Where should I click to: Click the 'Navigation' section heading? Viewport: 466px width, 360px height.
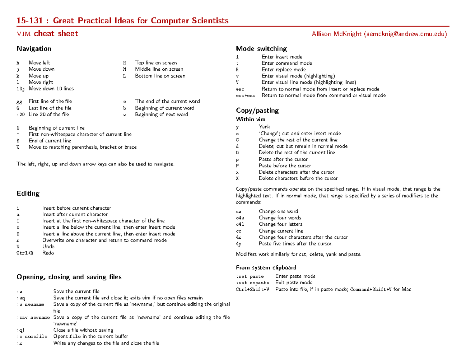(x=34, y=49)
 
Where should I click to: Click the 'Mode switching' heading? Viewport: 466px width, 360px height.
(x=261, y=49)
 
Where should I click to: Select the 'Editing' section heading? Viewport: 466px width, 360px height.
(x=28, y=193)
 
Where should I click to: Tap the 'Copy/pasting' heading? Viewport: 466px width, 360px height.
(x=257, y=111)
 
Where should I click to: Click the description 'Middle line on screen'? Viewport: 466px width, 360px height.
(x=159, y=69)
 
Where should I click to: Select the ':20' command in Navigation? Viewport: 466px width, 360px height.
(x=21, y=115)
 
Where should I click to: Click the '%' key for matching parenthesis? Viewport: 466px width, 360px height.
(x=18, y=147)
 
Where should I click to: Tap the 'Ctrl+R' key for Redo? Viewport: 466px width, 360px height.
(x=24, y=253)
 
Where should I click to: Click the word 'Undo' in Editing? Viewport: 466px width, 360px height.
(x=48, y=247)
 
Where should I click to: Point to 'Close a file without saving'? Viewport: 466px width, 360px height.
(x=83, y=330)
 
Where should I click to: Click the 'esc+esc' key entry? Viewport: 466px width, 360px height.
(x=245, y=96)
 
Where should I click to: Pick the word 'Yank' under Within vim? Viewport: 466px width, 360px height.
(x=264, y=127)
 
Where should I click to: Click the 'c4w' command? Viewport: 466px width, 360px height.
(x=241, y=218)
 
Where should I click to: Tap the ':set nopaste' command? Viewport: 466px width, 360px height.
(x=252, y=283)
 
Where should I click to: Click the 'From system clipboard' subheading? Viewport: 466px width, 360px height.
(x=266, y=268)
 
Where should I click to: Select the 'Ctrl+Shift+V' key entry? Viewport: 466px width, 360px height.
(x=252, y=289)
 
